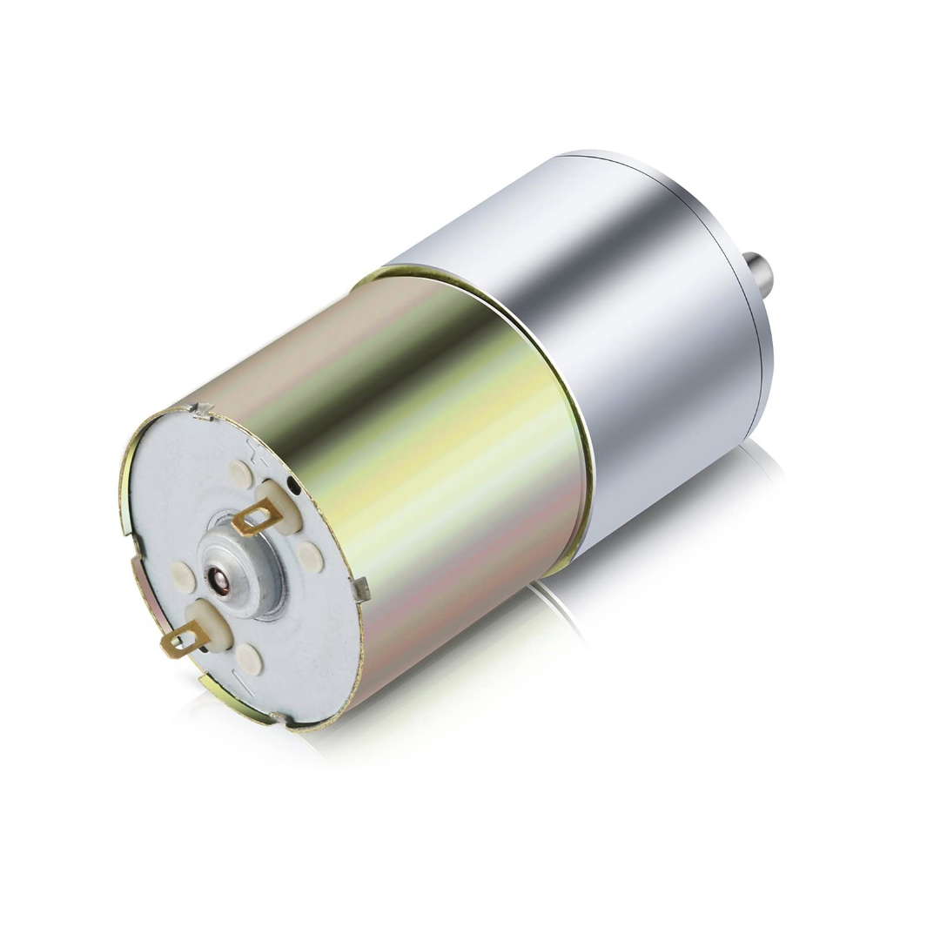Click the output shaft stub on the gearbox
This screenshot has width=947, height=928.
[758, 272]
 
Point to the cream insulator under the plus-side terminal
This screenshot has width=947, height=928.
[280, 505]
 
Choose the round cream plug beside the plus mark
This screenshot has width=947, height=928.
[241, 474]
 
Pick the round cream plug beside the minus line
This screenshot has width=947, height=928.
[250, 659]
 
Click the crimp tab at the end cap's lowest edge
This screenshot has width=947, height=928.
[279, 718]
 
